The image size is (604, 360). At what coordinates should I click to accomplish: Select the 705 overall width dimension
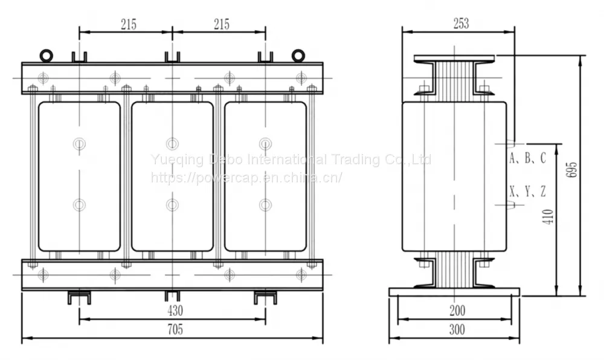[x=175, y=330]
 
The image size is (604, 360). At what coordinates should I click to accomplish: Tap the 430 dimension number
[x=175, y=310]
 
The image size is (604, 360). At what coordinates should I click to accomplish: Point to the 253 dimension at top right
[x=461, y=24]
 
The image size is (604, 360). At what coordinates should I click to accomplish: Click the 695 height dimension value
[x=573, y=169]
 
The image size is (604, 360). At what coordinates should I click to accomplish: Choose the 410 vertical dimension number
[x=548, y=217]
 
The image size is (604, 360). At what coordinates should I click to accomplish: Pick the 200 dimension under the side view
[x=457, y=310]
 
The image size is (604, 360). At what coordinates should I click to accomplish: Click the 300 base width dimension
[x=457, y=330]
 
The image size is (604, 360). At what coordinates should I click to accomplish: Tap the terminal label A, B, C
[x=528, y=158]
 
